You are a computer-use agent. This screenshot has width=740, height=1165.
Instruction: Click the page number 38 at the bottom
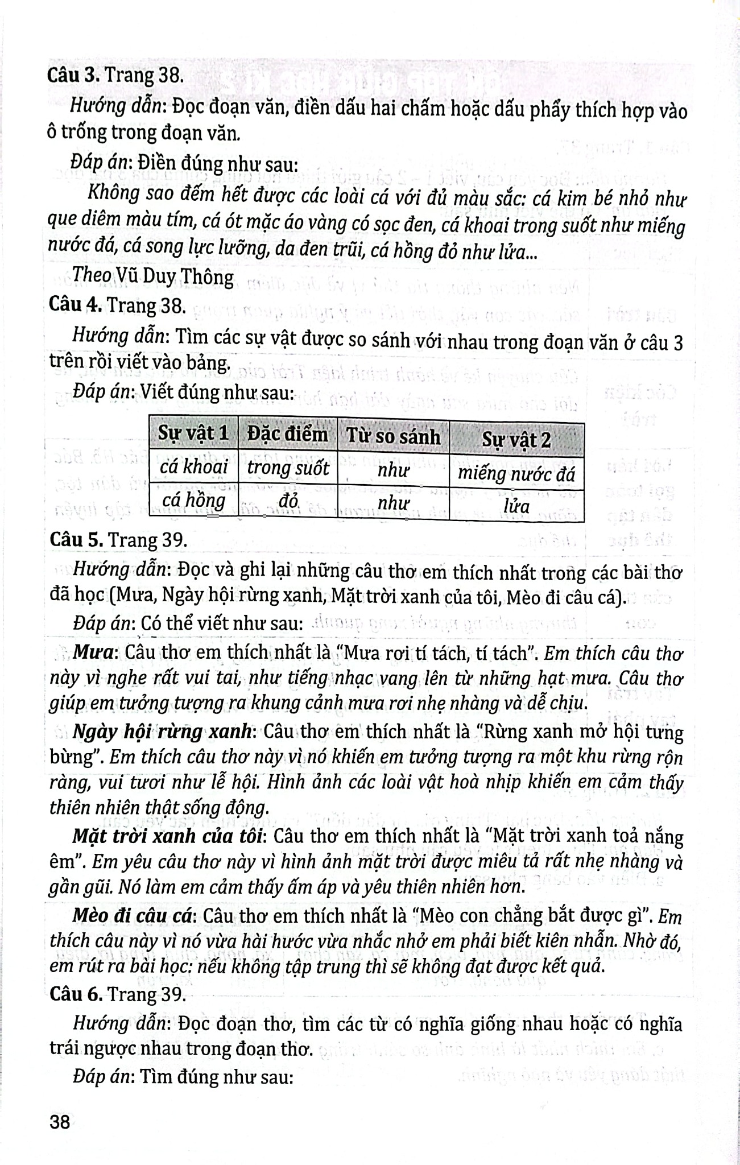(60, 1122)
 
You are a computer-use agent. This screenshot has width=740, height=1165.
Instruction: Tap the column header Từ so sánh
(393, 437)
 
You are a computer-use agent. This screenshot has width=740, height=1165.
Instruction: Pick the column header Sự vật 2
(516, 440)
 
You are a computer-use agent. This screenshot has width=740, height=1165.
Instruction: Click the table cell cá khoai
(193, 467)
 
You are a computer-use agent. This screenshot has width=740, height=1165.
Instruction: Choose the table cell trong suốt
(288, 468)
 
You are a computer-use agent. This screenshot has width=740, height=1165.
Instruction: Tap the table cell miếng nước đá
(516, 473)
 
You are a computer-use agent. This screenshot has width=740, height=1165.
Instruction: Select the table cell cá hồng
(193, 501)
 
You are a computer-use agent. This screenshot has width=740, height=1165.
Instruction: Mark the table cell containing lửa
(516, 506)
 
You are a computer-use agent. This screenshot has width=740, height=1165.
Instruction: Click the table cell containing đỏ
(288, 501)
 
